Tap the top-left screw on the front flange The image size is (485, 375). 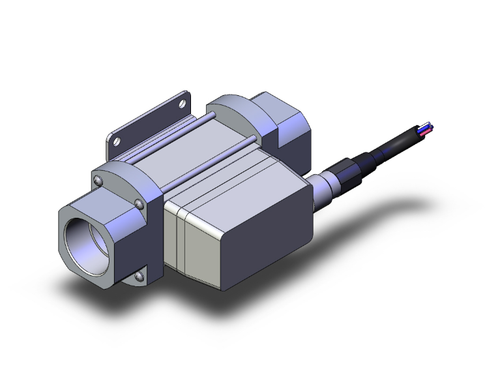tap(98, 179)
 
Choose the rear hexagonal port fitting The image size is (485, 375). tap(287, 124)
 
